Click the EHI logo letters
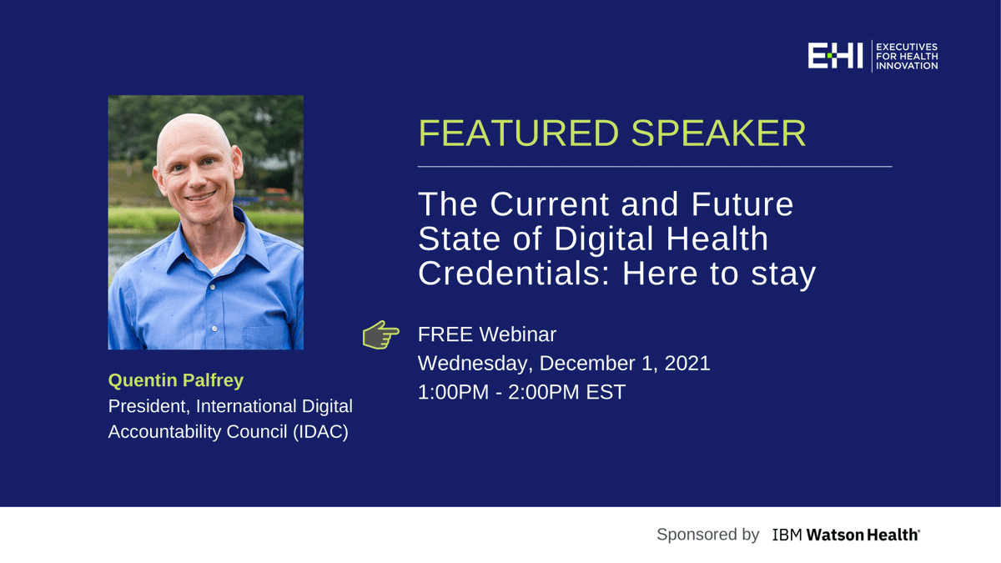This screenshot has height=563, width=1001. click(835, 56)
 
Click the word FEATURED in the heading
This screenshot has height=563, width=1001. click(518, 133)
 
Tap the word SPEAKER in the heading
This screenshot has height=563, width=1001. click(718, 133)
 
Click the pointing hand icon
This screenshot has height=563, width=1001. click(380, 334)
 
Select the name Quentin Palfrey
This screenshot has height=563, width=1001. click(176, 380)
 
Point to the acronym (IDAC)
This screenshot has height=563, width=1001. click(320, 432)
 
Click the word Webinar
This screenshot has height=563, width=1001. click(517, 334)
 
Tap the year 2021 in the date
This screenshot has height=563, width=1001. click(687, 364)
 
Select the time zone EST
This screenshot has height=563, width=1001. click(606, 392)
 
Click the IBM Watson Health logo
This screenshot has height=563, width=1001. click(846, 535)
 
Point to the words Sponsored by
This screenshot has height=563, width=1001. click(708, 535)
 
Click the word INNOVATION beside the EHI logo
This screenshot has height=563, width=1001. click(907, 66)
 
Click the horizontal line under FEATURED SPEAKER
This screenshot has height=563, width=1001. click(655, 167)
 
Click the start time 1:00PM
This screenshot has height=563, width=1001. click(453, 392)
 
